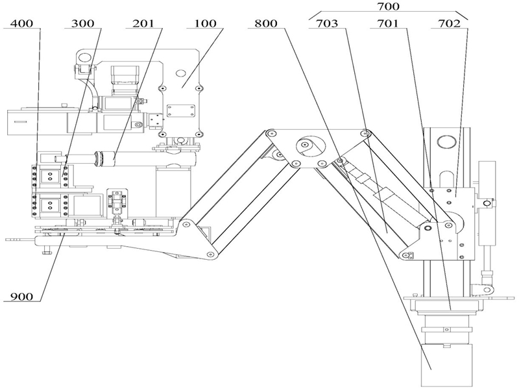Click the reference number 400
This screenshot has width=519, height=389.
[x=22, y=23]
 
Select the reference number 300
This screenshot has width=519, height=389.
[x=83, y=23]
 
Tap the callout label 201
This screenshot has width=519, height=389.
[x=143, y=23]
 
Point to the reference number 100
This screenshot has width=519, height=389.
[x=205, y=23]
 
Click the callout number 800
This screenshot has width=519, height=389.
[x=266, y=23]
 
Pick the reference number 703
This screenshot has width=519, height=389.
[x=327, y=23]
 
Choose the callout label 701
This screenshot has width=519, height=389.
[x=388, y=23]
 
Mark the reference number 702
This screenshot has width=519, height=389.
[x=449, y=23]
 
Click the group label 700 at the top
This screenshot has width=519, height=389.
[x=388, y=6]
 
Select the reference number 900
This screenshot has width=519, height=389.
[x=22, y=297]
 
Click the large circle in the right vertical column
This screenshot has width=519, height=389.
[x=444, y=142]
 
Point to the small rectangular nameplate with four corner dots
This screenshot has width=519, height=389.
[x=181, y=110]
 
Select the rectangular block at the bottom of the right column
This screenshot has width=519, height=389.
[x=446, y=366]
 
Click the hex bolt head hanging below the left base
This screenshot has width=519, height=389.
[x=47, y=253]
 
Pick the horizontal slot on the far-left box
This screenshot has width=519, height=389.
[x=21, y=122]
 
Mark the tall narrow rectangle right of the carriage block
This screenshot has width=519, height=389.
[x=487, y=203]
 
